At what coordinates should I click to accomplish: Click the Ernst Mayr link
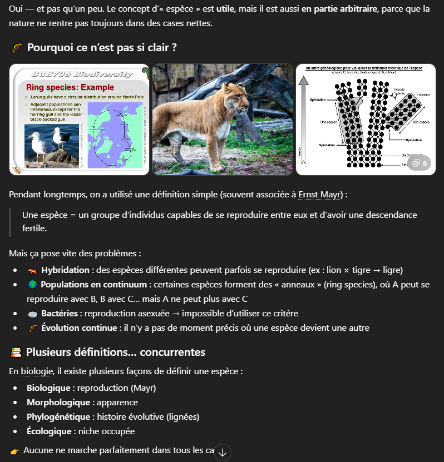point(320,195)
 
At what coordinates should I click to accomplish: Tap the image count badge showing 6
point(421,163)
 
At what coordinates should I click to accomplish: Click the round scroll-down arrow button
point(223,453)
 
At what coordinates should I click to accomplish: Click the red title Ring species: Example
point(70,87)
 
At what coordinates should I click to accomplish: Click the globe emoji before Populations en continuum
point(32,285)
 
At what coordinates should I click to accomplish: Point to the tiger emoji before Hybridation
point(32,270)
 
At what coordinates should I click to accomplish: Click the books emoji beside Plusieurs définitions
point(16,352)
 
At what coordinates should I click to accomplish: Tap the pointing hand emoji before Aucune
point(14,450)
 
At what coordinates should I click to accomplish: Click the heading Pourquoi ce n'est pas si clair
point(102,48)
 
